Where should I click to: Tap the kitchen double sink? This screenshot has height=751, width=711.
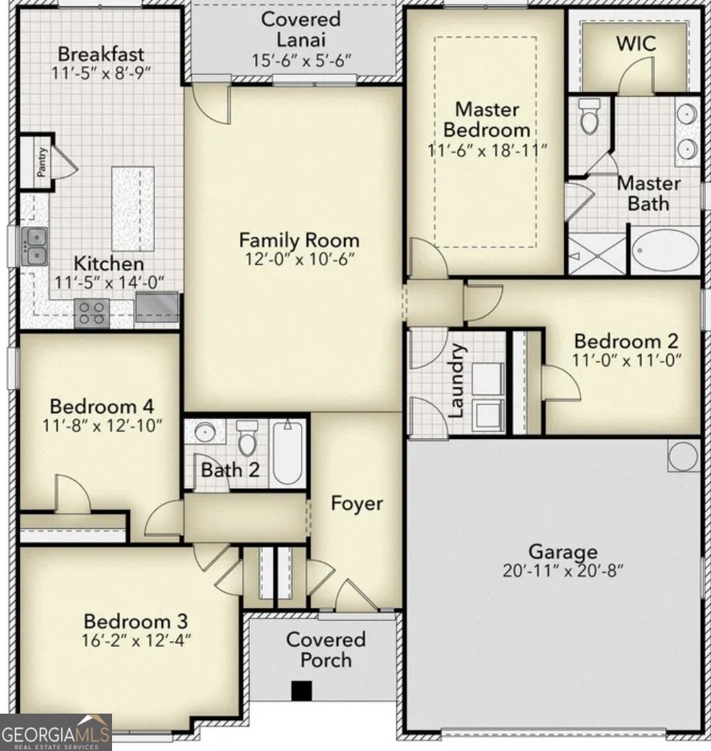34,246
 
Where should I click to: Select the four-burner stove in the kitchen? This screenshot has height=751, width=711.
92,313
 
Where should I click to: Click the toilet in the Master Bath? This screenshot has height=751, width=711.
590,118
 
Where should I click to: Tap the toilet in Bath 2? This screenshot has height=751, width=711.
248,438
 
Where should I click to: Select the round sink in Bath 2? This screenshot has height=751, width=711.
205,433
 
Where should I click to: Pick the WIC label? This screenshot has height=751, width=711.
636,43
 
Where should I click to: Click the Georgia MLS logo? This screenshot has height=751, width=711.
56,732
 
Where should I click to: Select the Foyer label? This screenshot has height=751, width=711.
356,503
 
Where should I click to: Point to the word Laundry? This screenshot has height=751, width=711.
457,381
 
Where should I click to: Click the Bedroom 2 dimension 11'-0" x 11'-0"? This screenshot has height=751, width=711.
626,359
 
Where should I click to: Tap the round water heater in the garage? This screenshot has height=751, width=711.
683,456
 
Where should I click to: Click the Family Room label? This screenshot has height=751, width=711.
299,239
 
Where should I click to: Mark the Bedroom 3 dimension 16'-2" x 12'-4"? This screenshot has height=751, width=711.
136,639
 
